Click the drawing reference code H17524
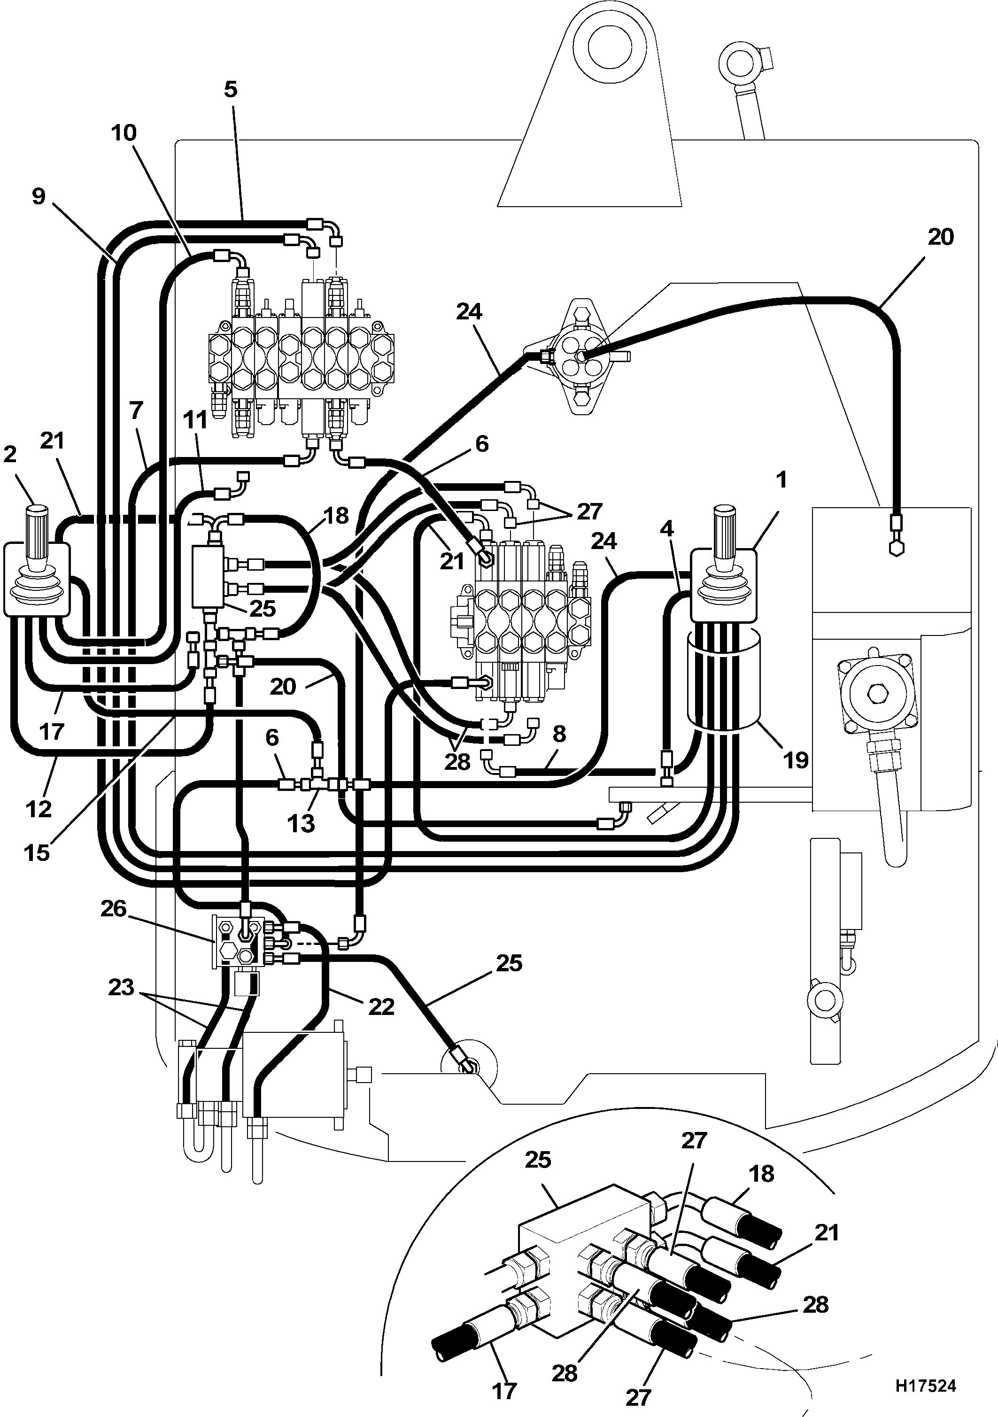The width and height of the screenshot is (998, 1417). coord(925,1386)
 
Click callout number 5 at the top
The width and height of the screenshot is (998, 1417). coord(230,90)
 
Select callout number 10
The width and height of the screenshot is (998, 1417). coord(124,133)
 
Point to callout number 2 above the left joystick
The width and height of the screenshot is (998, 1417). coord(10,454)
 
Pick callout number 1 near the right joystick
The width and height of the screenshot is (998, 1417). coord(781,480)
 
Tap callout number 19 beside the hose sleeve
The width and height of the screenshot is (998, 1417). coord(796,760)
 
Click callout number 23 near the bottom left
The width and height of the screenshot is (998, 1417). coord(121,987)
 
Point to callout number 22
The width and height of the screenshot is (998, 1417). coord(381,1007)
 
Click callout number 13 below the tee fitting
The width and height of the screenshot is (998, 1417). coord(301,823)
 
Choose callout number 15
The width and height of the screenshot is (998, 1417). coord(37,853)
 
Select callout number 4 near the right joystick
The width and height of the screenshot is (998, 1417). coord(666,529)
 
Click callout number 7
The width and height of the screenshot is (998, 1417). coord(136,410)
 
